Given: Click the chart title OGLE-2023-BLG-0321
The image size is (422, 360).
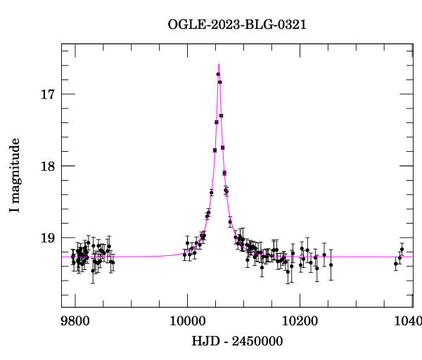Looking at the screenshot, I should [x=237, y=25].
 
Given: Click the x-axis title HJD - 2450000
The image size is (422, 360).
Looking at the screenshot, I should [x=238, y=341].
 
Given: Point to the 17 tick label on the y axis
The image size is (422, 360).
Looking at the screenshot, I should [x=48, y=94].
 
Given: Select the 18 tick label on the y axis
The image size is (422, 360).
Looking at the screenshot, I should [x=48, y=166].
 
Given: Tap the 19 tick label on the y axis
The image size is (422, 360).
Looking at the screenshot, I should [x=48, y=238].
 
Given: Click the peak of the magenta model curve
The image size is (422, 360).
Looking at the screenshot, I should [x=219, y=64].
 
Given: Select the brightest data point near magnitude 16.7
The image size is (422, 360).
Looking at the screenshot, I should [x=218, y=74].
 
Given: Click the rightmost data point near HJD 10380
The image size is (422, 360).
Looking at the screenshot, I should [x=402, y=249].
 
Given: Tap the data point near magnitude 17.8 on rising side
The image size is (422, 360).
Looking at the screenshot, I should [x=215, y=150].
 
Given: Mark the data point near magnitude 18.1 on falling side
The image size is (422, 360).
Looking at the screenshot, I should [x=224, y=173].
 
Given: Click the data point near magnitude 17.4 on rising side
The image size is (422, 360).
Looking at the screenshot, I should [x=217, y=122].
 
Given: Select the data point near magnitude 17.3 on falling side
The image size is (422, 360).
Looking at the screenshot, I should [x=221, y=115].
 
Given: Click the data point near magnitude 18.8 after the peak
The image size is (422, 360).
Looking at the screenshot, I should [x=230, y=222].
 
